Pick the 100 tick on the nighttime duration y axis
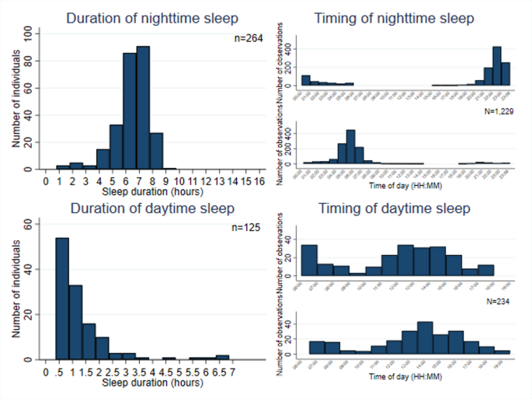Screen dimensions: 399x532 point(28,33)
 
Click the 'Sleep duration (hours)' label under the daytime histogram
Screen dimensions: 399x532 point(150,382)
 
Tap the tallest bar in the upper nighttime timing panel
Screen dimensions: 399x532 point(496,66)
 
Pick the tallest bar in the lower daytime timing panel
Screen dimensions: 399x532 point(424,338)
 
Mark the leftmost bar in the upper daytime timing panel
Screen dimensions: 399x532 point(308,261)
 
